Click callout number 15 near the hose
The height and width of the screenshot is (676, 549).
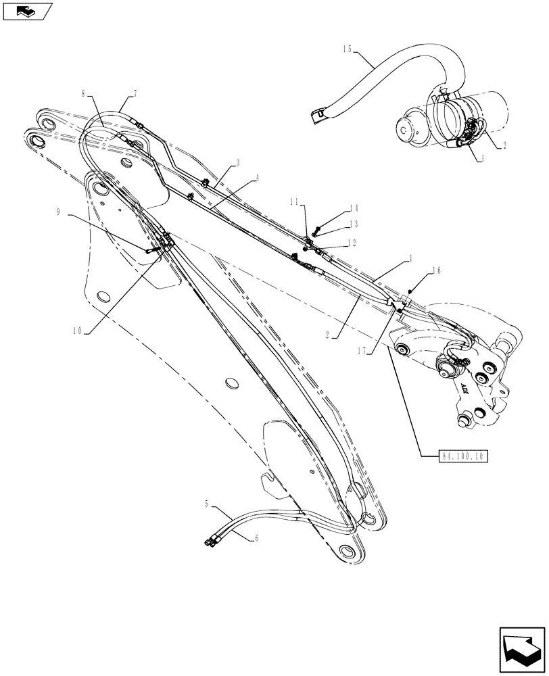[x=348, y=49]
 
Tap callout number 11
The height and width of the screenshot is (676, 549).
[x=294, y=202]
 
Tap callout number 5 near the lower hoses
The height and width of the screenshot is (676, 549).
[x=206, y=504]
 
